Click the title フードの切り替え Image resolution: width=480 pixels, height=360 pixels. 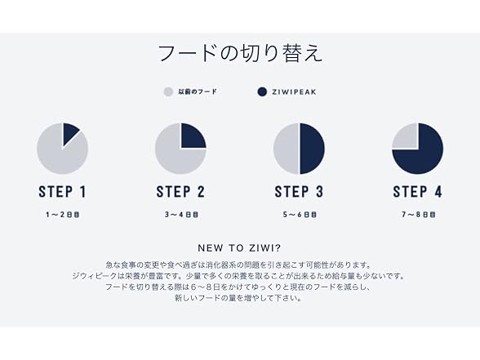click(240, 54)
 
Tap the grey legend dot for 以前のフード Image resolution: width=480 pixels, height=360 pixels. click(168, 91)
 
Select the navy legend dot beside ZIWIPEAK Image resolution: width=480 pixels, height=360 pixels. click(262, 91)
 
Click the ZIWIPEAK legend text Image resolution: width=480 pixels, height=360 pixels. click(294, 91)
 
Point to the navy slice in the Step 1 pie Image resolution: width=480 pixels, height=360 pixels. click(69, 132)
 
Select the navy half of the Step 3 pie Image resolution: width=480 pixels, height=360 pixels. click(311, 149)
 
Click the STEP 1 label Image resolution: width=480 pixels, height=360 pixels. click(62, 192)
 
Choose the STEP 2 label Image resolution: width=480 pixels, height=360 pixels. click(180, 192)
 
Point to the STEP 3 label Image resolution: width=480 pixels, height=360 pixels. click(299, 192)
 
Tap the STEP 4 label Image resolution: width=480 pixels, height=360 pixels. click(418, 192)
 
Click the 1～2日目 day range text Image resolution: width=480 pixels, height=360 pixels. click(62, 215)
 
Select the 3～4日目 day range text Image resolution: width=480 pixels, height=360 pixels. click(181, 215)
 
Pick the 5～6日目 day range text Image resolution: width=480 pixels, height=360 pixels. click(300, 215)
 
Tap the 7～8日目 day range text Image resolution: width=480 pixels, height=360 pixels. click(419, 215)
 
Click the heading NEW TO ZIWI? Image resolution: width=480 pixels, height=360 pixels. click(239, 248)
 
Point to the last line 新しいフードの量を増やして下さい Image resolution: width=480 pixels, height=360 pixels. click(238, 298)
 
